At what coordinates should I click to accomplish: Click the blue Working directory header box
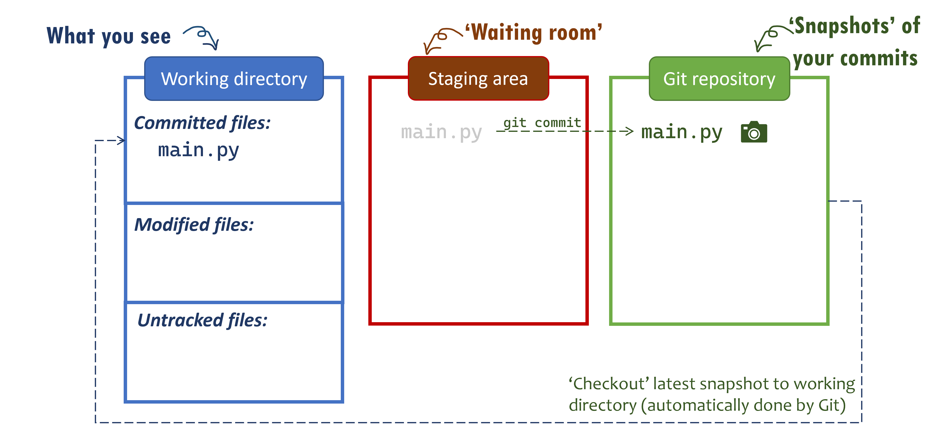pos(234,79)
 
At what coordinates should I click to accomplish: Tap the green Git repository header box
pos(719,79)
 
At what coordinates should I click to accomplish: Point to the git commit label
pos(542,123)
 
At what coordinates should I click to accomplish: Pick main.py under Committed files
pos(198,150)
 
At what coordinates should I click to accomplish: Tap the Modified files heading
pos(194,224)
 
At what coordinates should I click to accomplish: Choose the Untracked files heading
pos(202,320)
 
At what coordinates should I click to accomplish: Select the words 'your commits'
pos(855,58)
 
